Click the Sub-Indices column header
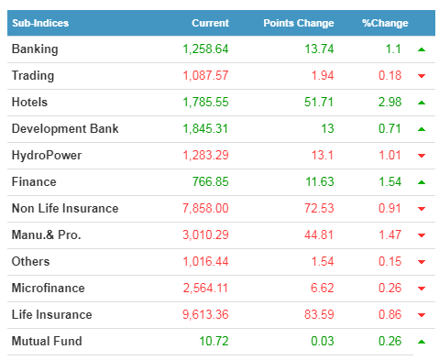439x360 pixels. [40, 23]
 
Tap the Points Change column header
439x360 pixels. [299, 23]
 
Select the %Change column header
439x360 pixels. [385, 23]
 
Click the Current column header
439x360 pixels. [210, 23]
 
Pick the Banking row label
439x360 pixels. [35, 49]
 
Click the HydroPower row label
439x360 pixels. [47, 156]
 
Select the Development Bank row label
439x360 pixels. [65, 128]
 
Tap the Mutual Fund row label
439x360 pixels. [47, 341]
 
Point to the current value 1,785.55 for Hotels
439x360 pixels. [205, 103]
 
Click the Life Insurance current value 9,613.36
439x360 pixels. [205, 315]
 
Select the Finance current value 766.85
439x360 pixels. [211, 182]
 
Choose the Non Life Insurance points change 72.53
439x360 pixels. [319, 209]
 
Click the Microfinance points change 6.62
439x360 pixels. [323, 289]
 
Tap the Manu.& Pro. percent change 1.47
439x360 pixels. [390, 235]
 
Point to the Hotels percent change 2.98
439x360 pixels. [390, 103]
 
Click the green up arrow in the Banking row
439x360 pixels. [422, 49]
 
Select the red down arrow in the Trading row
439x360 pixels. [422, 76]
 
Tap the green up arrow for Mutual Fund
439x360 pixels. [422, 342]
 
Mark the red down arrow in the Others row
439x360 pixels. [422, 262]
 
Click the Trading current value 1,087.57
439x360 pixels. [205, 76]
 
